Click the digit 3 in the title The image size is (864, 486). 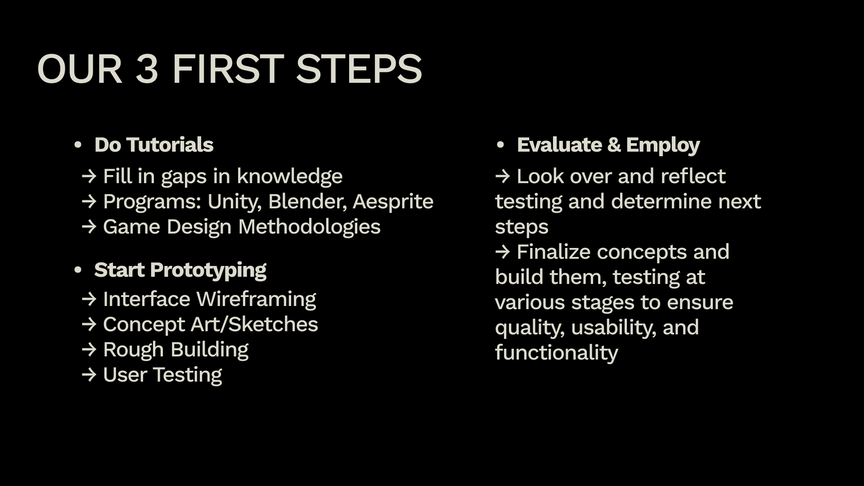click(x=147, y=69)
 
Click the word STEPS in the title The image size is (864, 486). click(x=359, y=69)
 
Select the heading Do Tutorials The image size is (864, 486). click(x=153, y=145)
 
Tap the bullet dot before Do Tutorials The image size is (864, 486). click(x=78, y=145)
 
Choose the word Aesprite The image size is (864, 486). click(x=393, y=202)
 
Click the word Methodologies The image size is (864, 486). click(x=309, y=227)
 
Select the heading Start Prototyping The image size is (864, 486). click(x=180, y=270)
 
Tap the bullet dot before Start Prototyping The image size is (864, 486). click(x=78, y=270)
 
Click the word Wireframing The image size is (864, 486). click(x=256, y=299)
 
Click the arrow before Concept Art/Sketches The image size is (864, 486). click(x=89, y=324)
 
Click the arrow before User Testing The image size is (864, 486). click(x=89, y=375)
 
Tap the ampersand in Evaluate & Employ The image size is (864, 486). click(x=614, y=145)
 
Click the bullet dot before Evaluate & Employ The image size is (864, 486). click(x=500, y=145)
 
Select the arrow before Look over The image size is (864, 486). click(x=503, y=176)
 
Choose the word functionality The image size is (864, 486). click(x=557, y=353)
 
